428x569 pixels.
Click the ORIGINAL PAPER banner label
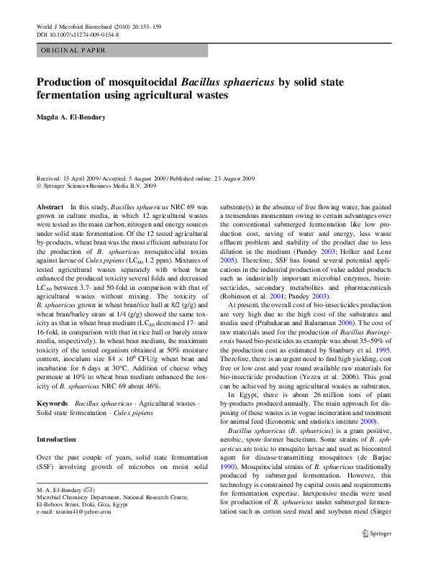(x=73, y=51)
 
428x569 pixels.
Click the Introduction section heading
(x=56, y=440)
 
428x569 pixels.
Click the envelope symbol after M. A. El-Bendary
(x=88, y=488)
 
